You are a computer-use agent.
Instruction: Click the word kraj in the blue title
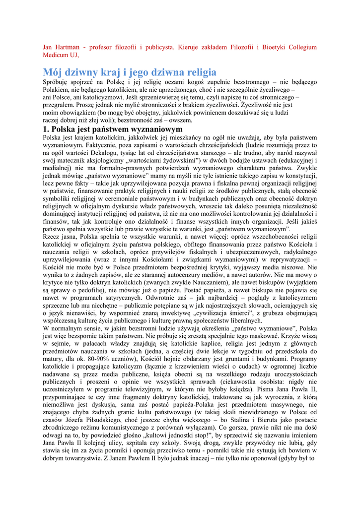pos(103,72)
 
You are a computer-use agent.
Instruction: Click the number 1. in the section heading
pos(47,129)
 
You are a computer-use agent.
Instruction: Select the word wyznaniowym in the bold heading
pos(153,129)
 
